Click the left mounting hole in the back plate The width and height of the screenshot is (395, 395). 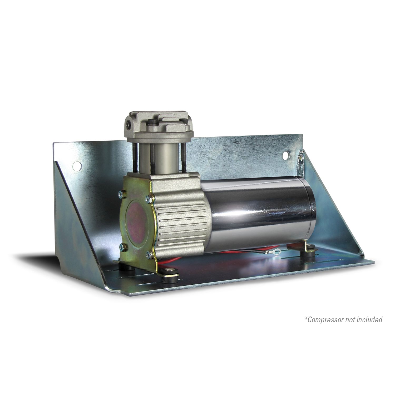pos(77,166)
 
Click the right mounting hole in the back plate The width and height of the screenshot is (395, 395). pos(286,155)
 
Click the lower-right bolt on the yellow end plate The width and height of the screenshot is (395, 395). pos(149,255)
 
